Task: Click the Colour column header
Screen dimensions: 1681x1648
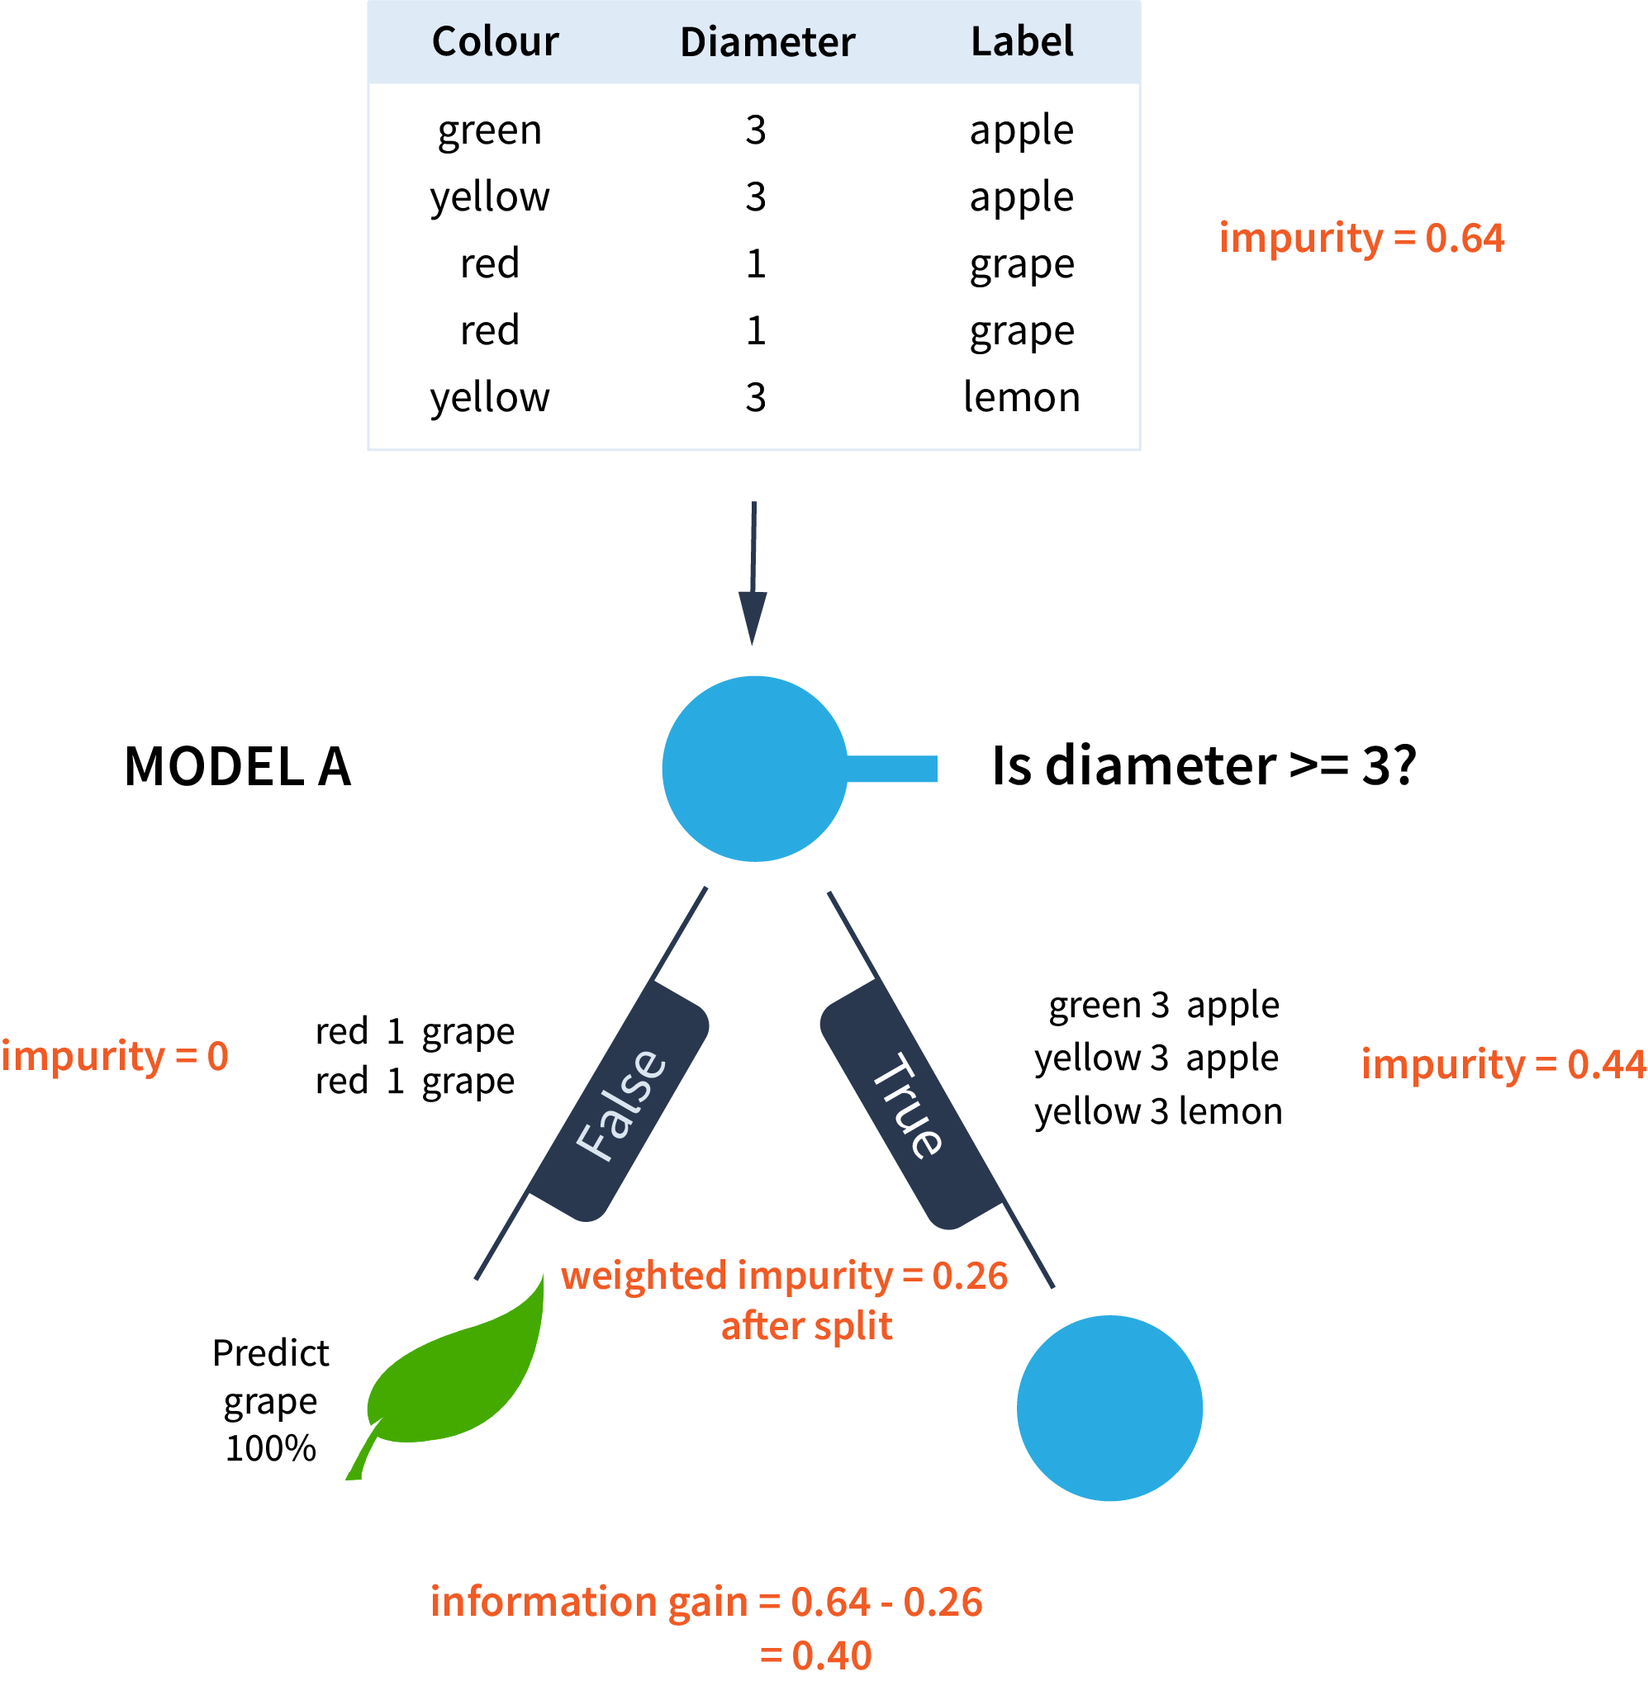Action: pyautogui.click(x=495, y=41)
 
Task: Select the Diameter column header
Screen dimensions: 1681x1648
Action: pyautogui.click(x=767, y=42)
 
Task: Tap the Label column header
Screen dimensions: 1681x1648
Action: pyautogui.click(x=1021, y=41)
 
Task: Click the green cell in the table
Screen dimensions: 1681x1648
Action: pyautogui.click(x=490, y=130)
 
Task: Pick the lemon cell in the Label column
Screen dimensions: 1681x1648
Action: pyautogui.click(x=1021, y=397)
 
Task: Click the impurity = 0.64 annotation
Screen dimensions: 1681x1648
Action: pyautogui.click(x=1361, y=238)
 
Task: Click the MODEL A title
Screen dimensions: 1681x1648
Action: pyautogui.click(x=238, y=766)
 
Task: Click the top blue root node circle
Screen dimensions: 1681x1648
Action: pyautogui.click(x=754, y=769)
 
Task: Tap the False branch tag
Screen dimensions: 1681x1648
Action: pyautogui.click(x=620, y=1102)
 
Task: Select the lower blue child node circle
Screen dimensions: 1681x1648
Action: pyautogui.click(x=1109, y=1408)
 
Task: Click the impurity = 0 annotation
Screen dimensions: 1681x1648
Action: pyautogui.click(x=114, y=1056)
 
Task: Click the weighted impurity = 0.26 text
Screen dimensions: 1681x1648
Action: pyautogui.click(x=784, y=1276)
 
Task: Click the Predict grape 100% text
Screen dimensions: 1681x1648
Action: pyautogui.click(x=271, y=1399)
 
